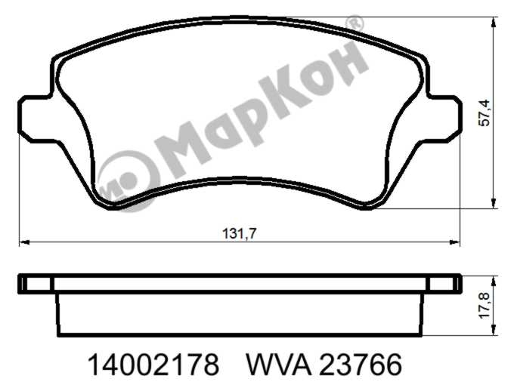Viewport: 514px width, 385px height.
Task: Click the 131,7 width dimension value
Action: (239, 234)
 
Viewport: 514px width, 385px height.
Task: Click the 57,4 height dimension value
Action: (485, 113)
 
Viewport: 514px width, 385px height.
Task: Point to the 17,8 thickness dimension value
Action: (485, 305)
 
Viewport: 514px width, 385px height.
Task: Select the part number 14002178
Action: (153, 365)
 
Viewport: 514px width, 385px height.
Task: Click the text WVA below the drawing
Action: (279, 365)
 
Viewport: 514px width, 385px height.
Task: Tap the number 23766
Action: (361, 365)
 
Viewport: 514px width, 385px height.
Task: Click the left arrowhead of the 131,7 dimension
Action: (25, 242)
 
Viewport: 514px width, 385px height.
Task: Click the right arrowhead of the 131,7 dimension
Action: (454, 242)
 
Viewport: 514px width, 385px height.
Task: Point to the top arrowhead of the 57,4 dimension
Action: (494, 23)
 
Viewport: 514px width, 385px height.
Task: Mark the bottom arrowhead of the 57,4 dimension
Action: (494, 203)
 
